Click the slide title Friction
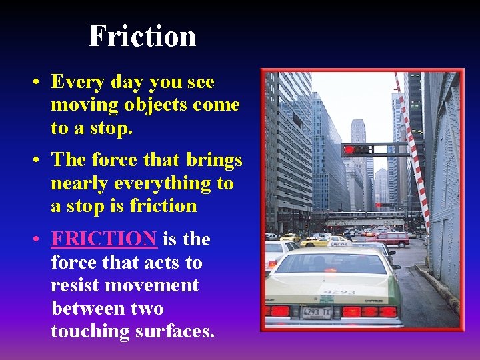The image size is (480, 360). point(142,35)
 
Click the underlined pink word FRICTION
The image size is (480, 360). point(103,239)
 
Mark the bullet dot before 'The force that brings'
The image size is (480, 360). point(39,161)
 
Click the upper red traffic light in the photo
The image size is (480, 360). point(349,149)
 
